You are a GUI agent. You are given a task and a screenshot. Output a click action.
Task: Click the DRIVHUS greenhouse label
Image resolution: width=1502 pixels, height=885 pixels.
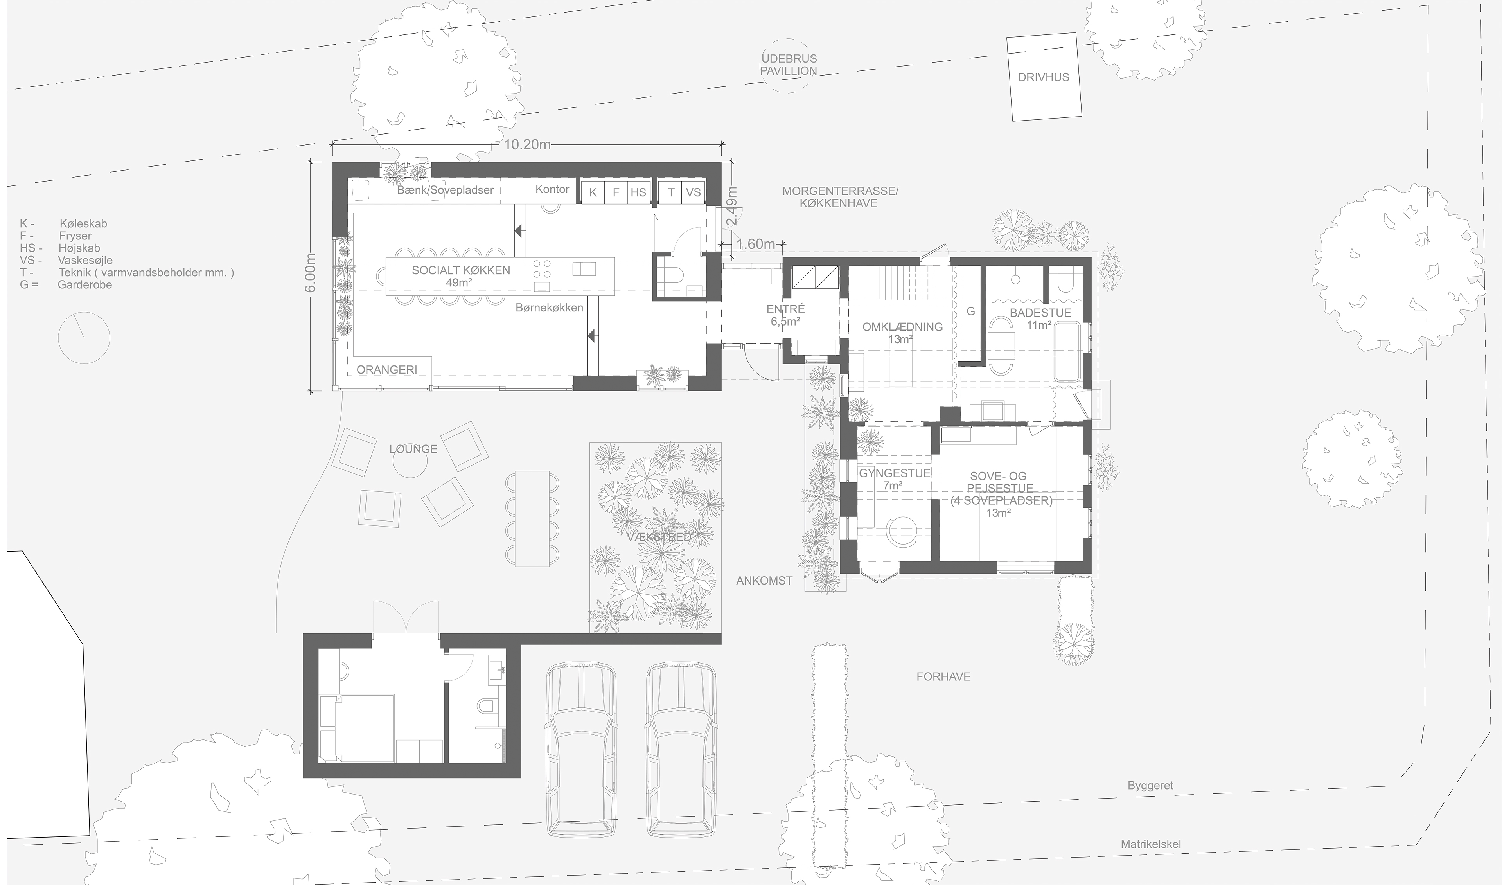point(1043,77)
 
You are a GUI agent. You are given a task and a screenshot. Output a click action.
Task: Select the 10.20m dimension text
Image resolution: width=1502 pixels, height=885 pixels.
point(527,145)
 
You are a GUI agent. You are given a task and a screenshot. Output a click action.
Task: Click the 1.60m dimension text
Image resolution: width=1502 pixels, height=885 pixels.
point(756,244)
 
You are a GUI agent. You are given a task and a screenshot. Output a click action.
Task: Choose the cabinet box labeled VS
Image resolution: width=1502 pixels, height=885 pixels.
point(693,192)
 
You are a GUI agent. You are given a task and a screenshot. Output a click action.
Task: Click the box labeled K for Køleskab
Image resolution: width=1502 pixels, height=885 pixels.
point(593,192)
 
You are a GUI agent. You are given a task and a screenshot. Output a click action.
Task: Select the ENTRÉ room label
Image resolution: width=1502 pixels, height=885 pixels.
point(785,315)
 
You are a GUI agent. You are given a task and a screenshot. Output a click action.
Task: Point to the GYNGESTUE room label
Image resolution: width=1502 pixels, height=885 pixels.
point(894,479)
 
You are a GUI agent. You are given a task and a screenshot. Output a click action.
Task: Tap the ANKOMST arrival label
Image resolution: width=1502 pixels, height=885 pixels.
point(764,580)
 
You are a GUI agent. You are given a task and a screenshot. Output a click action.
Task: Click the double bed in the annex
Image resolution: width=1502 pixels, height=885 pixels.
point(358,728)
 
